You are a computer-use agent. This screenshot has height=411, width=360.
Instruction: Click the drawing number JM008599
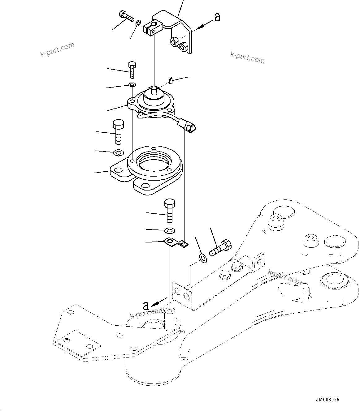point(328,400)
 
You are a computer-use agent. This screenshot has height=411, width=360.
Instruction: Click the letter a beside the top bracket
point(217,17)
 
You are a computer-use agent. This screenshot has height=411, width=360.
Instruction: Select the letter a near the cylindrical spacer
point(146,306)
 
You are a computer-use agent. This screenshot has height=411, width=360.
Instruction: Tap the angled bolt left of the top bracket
point(126,16)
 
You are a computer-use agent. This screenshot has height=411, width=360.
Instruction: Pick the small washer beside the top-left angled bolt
point(138,22)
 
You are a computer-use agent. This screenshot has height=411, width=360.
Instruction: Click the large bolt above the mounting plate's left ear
point(118,132)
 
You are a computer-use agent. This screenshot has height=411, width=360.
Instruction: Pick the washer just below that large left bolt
point(118,152)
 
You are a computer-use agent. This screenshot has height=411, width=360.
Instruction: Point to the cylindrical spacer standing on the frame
point(170,319)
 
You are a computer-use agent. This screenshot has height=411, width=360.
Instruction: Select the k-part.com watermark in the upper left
point(58,49)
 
